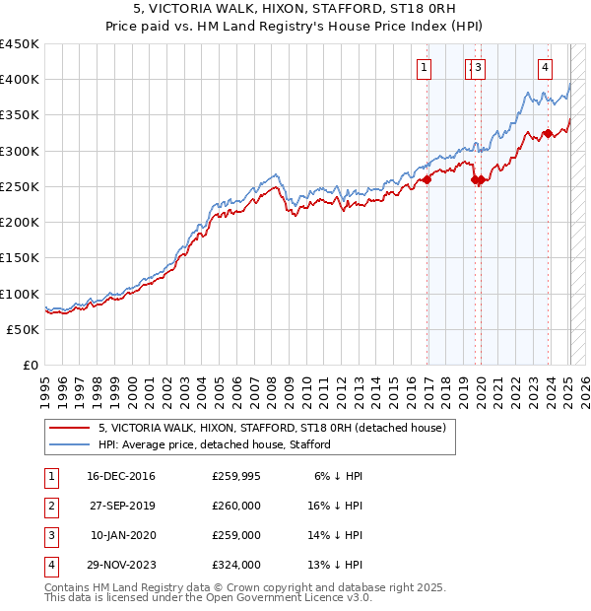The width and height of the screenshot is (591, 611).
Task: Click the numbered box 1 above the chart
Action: click(424, 68)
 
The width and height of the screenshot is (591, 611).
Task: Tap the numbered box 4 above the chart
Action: click(545, 68)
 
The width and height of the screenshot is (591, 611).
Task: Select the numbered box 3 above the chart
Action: click(478, 68)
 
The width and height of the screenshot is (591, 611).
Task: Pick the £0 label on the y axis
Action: click(30, 365)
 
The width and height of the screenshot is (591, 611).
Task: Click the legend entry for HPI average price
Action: click(214, 444)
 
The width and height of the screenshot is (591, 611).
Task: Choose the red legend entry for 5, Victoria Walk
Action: click(272, 428)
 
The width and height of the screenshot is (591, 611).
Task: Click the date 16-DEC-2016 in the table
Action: click(120, 476)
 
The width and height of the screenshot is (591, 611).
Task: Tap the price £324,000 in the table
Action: click(236, 565)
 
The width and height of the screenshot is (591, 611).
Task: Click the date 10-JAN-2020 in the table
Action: click(122, 535)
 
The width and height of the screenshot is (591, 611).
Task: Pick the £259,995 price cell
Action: click(236, 476)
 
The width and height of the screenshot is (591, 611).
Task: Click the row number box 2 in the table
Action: click(50, 506)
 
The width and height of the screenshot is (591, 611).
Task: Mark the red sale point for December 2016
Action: click(427, 180)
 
